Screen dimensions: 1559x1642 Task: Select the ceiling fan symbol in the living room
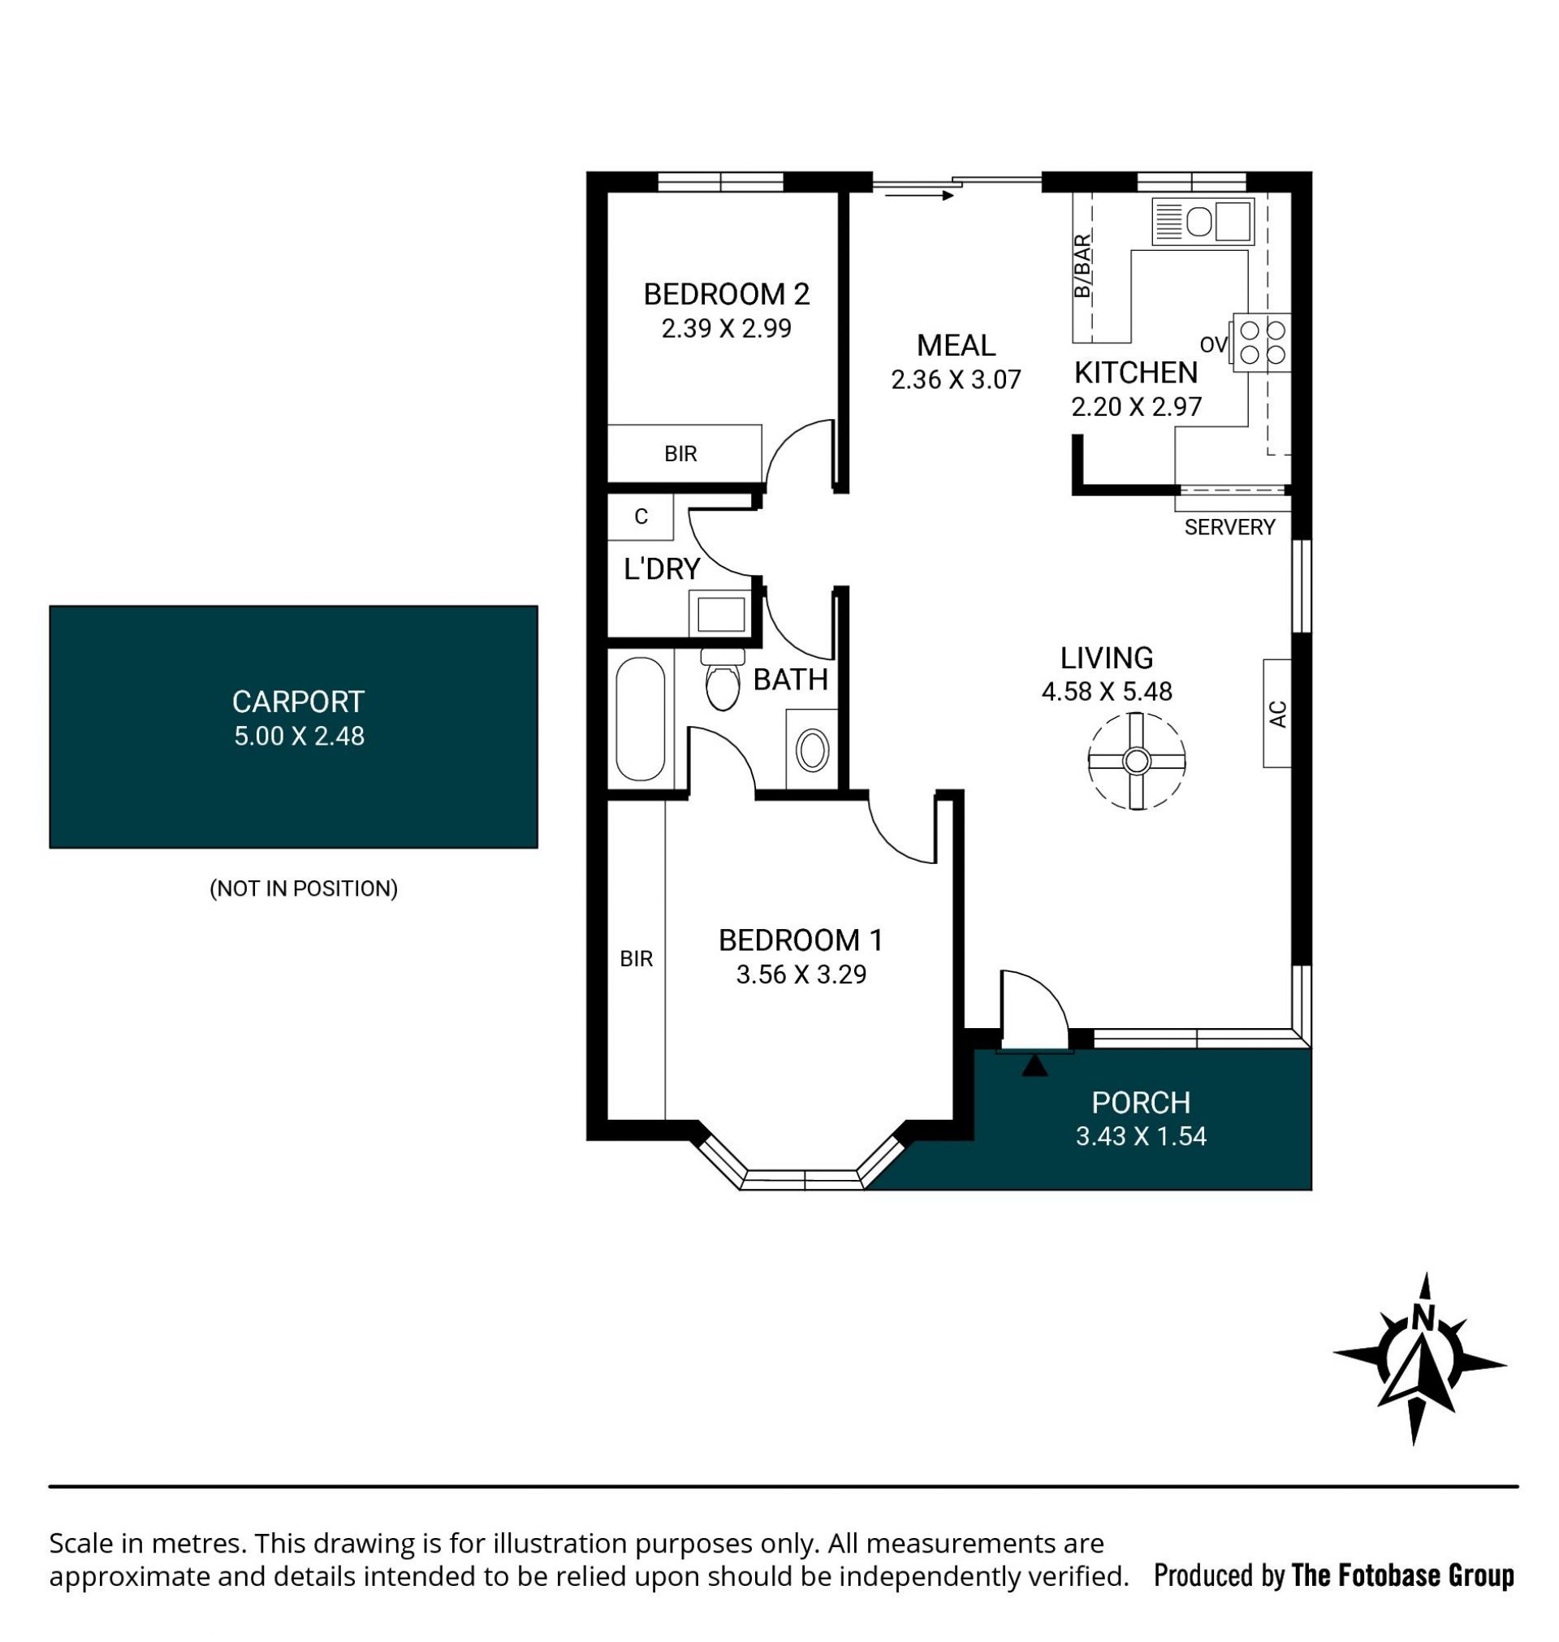[1136, 760]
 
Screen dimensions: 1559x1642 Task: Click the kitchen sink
[1203, 221]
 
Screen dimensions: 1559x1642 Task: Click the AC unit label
[1279, 714]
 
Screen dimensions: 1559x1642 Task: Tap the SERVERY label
[1229, 527]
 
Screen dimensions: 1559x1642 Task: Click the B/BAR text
[1082, 266]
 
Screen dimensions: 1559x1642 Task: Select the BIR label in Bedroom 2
[680, 454]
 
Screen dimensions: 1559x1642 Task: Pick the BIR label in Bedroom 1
[637, 959]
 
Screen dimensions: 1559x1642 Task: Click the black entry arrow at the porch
[1034, 1065]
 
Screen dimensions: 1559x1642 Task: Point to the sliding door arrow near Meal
[919, 196]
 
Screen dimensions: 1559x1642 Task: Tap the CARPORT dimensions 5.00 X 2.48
[299, 737]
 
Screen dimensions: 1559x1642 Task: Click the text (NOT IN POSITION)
[304, 888]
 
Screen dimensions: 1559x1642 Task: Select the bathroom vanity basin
[812, 750]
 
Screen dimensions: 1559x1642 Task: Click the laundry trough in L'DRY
[720, 614]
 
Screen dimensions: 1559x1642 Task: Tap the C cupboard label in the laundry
[641, 516]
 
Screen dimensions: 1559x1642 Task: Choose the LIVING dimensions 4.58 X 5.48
[1107, 691]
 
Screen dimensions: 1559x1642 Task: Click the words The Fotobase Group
[1402, 1575]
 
